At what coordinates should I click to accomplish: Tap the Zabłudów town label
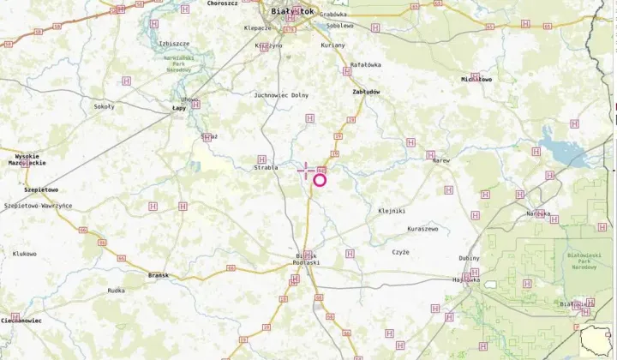pyautogui.click(x=366, y=91)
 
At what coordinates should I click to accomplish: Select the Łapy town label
pyautogui.click(x=179, y=108)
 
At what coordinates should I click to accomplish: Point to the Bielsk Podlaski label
pyautogui.click(x=304, y=260)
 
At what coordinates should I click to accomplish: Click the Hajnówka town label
pyautogui.click(x=465, y=279)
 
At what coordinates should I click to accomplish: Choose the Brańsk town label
pyautogui.click(x=159, y=275)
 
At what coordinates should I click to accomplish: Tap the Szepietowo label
pyautogui.click(x=41, y=189)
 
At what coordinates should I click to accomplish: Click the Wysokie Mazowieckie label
pyautogui.click(x=27, y=159)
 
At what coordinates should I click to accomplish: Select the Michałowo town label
pyautogui.click(x=476, y=79)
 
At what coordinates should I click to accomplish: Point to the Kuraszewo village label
pyautogui.click(x=422, y=229)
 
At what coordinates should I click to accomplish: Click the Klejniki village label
pyautogui.click(x=392, y=210)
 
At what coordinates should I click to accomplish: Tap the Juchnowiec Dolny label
pyautogui.click(x=281, y=95)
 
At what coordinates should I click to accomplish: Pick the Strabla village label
pyautogui.click(x=266, y=167)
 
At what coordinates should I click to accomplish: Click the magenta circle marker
pyautogui.click(x=320, y=179)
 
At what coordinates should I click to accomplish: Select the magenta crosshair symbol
pyautogui.click(x=306, y=171)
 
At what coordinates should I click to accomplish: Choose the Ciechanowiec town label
pyautogui.click(x=21, y=320)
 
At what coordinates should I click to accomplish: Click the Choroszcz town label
pyautogui.click(x=222, y=3)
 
